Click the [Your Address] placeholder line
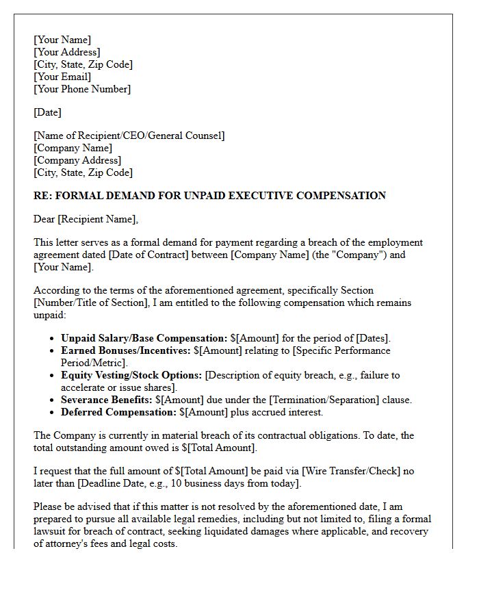click(x=67, y=52)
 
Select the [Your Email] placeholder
click(x=62, y=77)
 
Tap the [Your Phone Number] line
click(x=82, y=89)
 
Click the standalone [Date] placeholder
click(x=47, y=112)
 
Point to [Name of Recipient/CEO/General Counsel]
click(x=129, y=136)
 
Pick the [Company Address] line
click(x=77, y=160)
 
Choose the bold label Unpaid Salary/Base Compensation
click(x=144, y=338)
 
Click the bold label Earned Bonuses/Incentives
click(x=125, y=350)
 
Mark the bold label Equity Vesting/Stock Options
click(x=131, y=375)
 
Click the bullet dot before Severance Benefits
click(x=53, y=400)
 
